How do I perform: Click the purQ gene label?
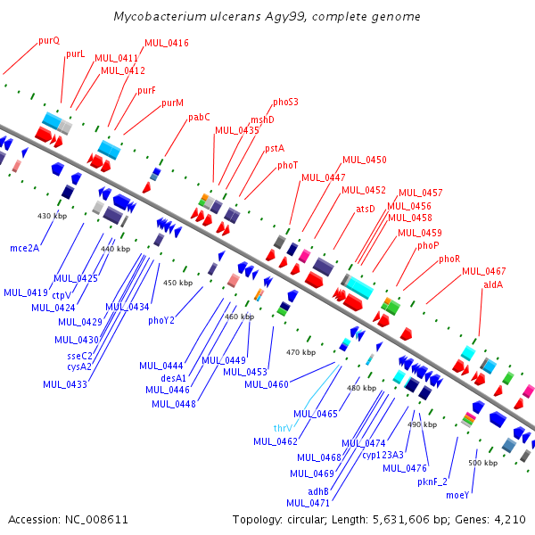click(49, 41)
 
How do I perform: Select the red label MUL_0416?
click(167, 43)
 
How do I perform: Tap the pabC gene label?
click(199, 118)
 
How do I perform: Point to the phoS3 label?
click(285, 102)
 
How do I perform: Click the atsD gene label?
click(366, 209)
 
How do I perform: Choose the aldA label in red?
click(493, 284)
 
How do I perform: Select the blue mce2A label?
click(25, 248)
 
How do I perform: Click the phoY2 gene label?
click(161, 321)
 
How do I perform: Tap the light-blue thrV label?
click(283, 428)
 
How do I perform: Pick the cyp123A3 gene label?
click(383, 455)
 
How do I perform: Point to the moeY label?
click(457, 496)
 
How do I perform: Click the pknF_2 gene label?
click(432, 481)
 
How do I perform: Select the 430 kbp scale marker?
click(53, 216)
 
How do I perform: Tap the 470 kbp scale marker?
click(301, 352)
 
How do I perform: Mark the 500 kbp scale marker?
click(482, 463)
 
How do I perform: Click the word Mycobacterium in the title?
click(160, 16)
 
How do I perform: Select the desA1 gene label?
click(173, 378)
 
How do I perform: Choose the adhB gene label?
click(318, 491)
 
